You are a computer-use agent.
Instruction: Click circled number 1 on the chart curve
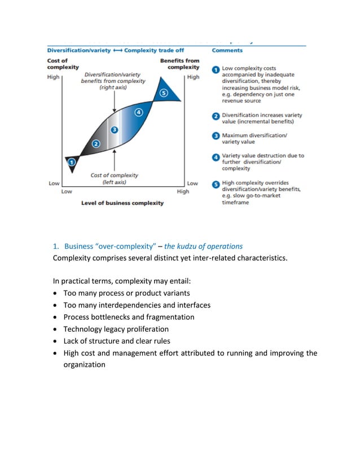[72, 163]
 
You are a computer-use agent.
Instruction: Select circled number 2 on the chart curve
[96, 144]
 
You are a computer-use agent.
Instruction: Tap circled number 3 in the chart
[115, 130]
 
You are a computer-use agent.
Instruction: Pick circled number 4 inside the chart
[139, 112]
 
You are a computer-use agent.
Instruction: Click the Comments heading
[227, 50]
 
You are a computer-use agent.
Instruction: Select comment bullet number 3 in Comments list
[216, 136]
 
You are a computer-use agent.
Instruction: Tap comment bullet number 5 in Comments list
[216, 183]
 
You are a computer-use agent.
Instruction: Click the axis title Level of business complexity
[122, 203]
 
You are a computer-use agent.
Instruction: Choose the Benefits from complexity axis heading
[179, 64]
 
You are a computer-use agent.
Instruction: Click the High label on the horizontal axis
[183, 192]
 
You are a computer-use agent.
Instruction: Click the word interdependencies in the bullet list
[135, 305]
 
